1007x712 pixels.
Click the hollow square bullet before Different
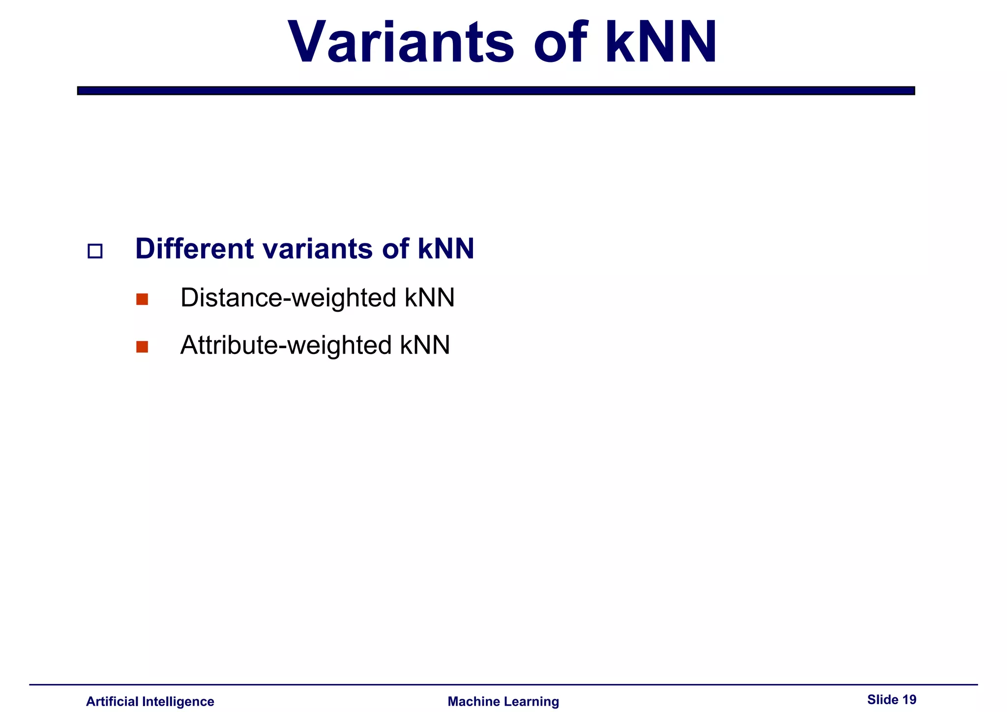point(95,251)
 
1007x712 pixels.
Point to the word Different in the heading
point(195,248)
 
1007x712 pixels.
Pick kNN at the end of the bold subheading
point(446,248)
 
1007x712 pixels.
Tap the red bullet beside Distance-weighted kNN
point(142,299)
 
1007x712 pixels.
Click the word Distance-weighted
point(288,298)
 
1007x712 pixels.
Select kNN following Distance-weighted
point(430,298)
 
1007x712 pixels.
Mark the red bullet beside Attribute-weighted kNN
point(142,347)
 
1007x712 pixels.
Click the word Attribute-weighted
point(286,345)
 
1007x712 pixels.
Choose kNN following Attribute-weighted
point(425,345)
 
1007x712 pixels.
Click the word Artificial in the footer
point(112,701)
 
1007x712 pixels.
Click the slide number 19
point(910,699)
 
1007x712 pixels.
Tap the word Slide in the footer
point(883,699)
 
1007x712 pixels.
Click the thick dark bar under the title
point(496,90)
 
